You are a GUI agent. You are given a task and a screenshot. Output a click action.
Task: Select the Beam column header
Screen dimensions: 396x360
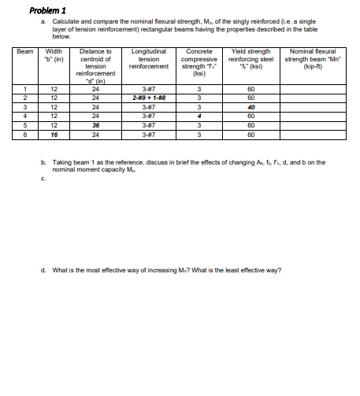click(x=26, y=52)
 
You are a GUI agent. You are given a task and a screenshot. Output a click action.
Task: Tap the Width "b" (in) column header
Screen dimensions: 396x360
click(x=54, y=56)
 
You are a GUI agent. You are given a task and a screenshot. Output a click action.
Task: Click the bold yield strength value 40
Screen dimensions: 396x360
click(x=251, y=107)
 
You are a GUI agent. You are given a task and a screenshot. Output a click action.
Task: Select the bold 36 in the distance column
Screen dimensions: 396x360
click(x=96, y=125)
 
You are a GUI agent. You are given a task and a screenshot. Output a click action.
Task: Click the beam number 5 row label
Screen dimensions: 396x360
click(x=25, y=125)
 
